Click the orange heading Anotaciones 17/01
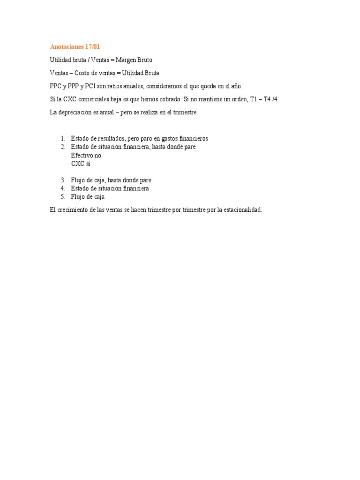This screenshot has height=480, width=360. point(75,47)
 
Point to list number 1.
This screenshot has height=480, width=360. point(63,139)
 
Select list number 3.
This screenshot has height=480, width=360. point(63,180)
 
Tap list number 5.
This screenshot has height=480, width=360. point(63,197)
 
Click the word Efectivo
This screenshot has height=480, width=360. point(82,155)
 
